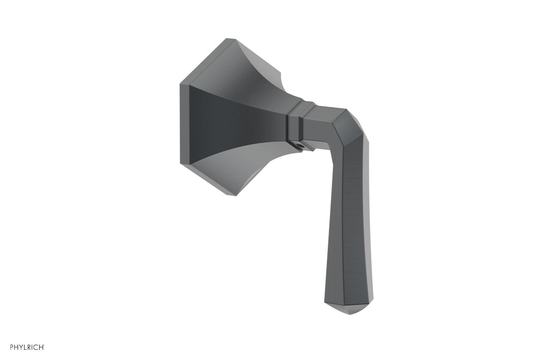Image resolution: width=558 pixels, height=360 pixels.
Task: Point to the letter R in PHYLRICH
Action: point(29,347)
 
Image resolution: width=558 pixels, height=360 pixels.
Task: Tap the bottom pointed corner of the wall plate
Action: point(228,194)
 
